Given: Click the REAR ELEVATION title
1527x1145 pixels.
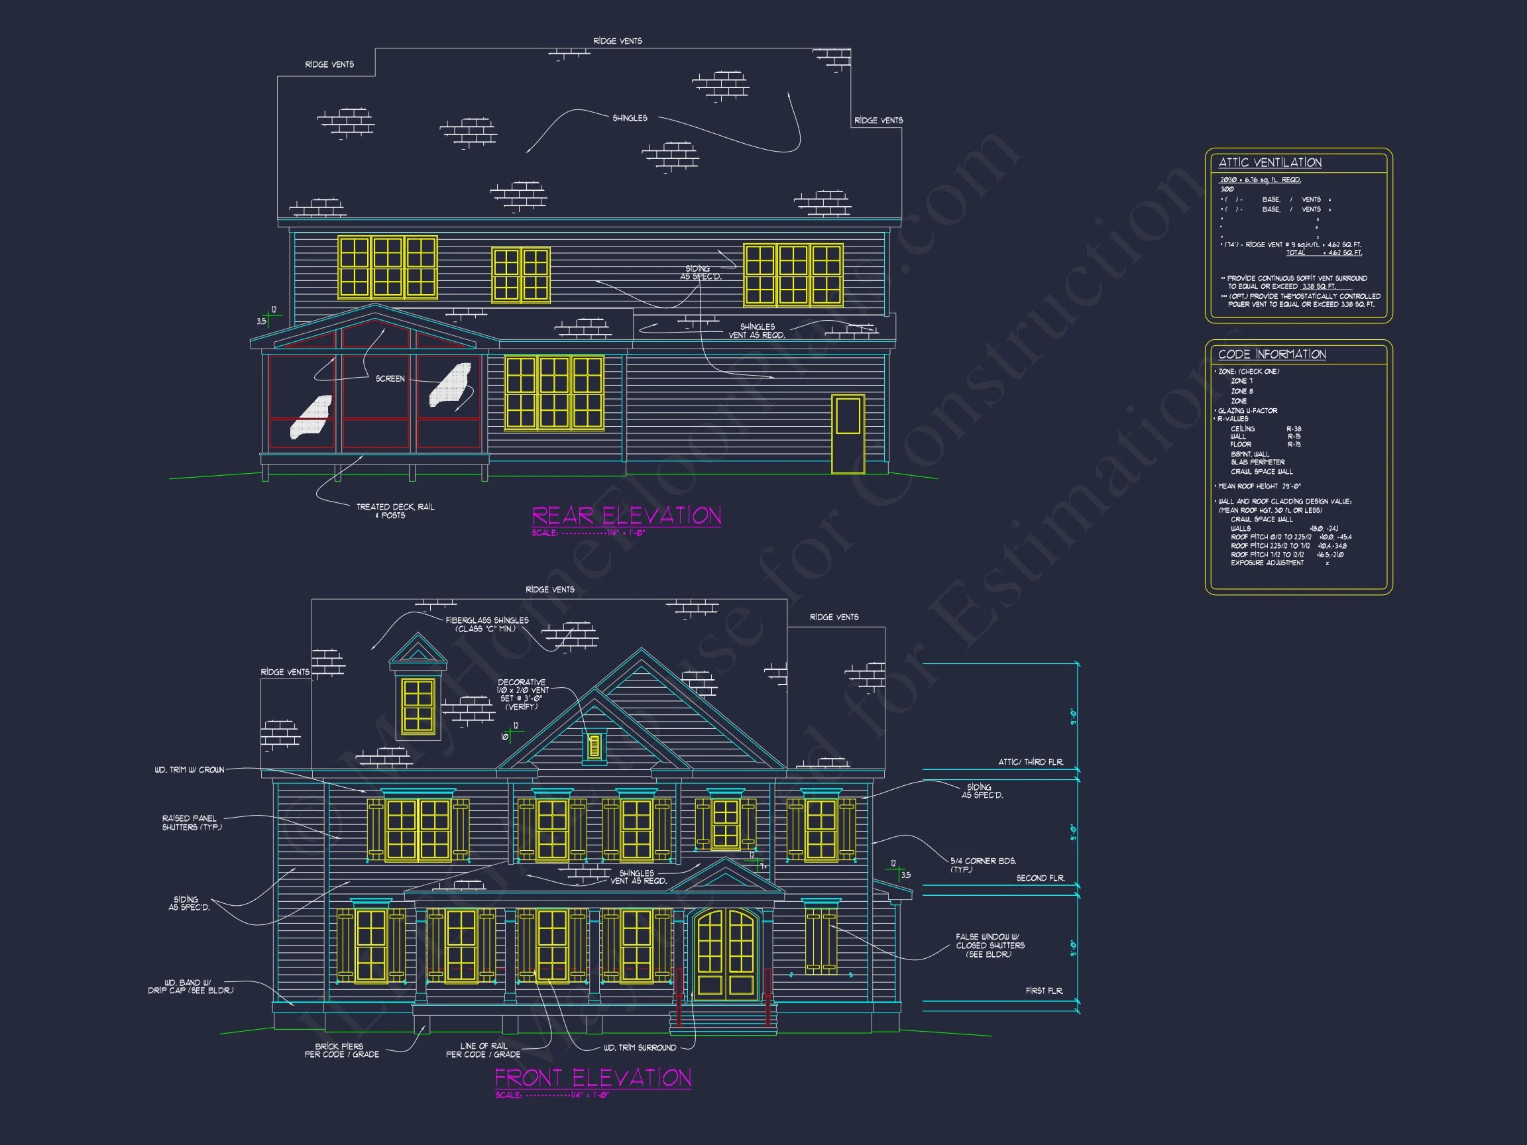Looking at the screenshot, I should click(626, 516).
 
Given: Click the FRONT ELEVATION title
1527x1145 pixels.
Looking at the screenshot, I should click(593, 1077).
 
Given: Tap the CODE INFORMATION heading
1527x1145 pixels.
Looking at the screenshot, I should click(1272, 354).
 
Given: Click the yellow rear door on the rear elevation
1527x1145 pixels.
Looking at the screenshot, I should click(848, 434).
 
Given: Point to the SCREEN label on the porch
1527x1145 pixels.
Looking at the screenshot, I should click(390, 379).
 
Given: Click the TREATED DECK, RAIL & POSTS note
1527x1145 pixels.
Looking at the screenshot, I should click(395, 511).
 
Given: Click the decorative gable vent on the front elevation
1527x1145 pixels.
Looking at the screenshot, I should click(594, 746).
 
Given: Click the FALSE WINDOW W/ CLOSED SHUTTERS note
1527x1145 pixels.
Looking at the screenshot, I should click(990, 946).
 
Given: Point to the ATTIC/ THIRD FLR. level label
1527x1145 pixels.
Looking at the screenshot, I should click(1030, 762).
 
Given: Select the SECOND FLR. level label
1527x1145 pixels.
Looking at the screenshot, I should click(1040, 879).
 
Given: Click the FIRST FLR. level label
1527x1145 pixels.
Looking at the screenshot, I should click(1044, 991).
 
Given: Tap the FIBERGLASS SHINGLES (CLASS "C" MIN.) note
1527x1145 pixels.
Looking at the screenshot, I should click(486, 625).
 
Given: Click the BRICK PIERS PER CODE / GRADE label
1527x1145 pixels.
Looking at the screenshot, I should click(342, 1050).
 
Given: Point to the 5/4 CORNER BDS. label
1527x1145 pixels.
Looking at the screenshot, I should click(982, 865).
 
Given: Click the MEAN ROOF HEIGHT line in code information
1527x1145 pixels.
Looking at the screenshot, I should click(1259, 486).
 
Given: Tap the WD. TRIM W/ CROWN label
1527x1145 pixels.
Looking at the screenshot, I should click(189, 769).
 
